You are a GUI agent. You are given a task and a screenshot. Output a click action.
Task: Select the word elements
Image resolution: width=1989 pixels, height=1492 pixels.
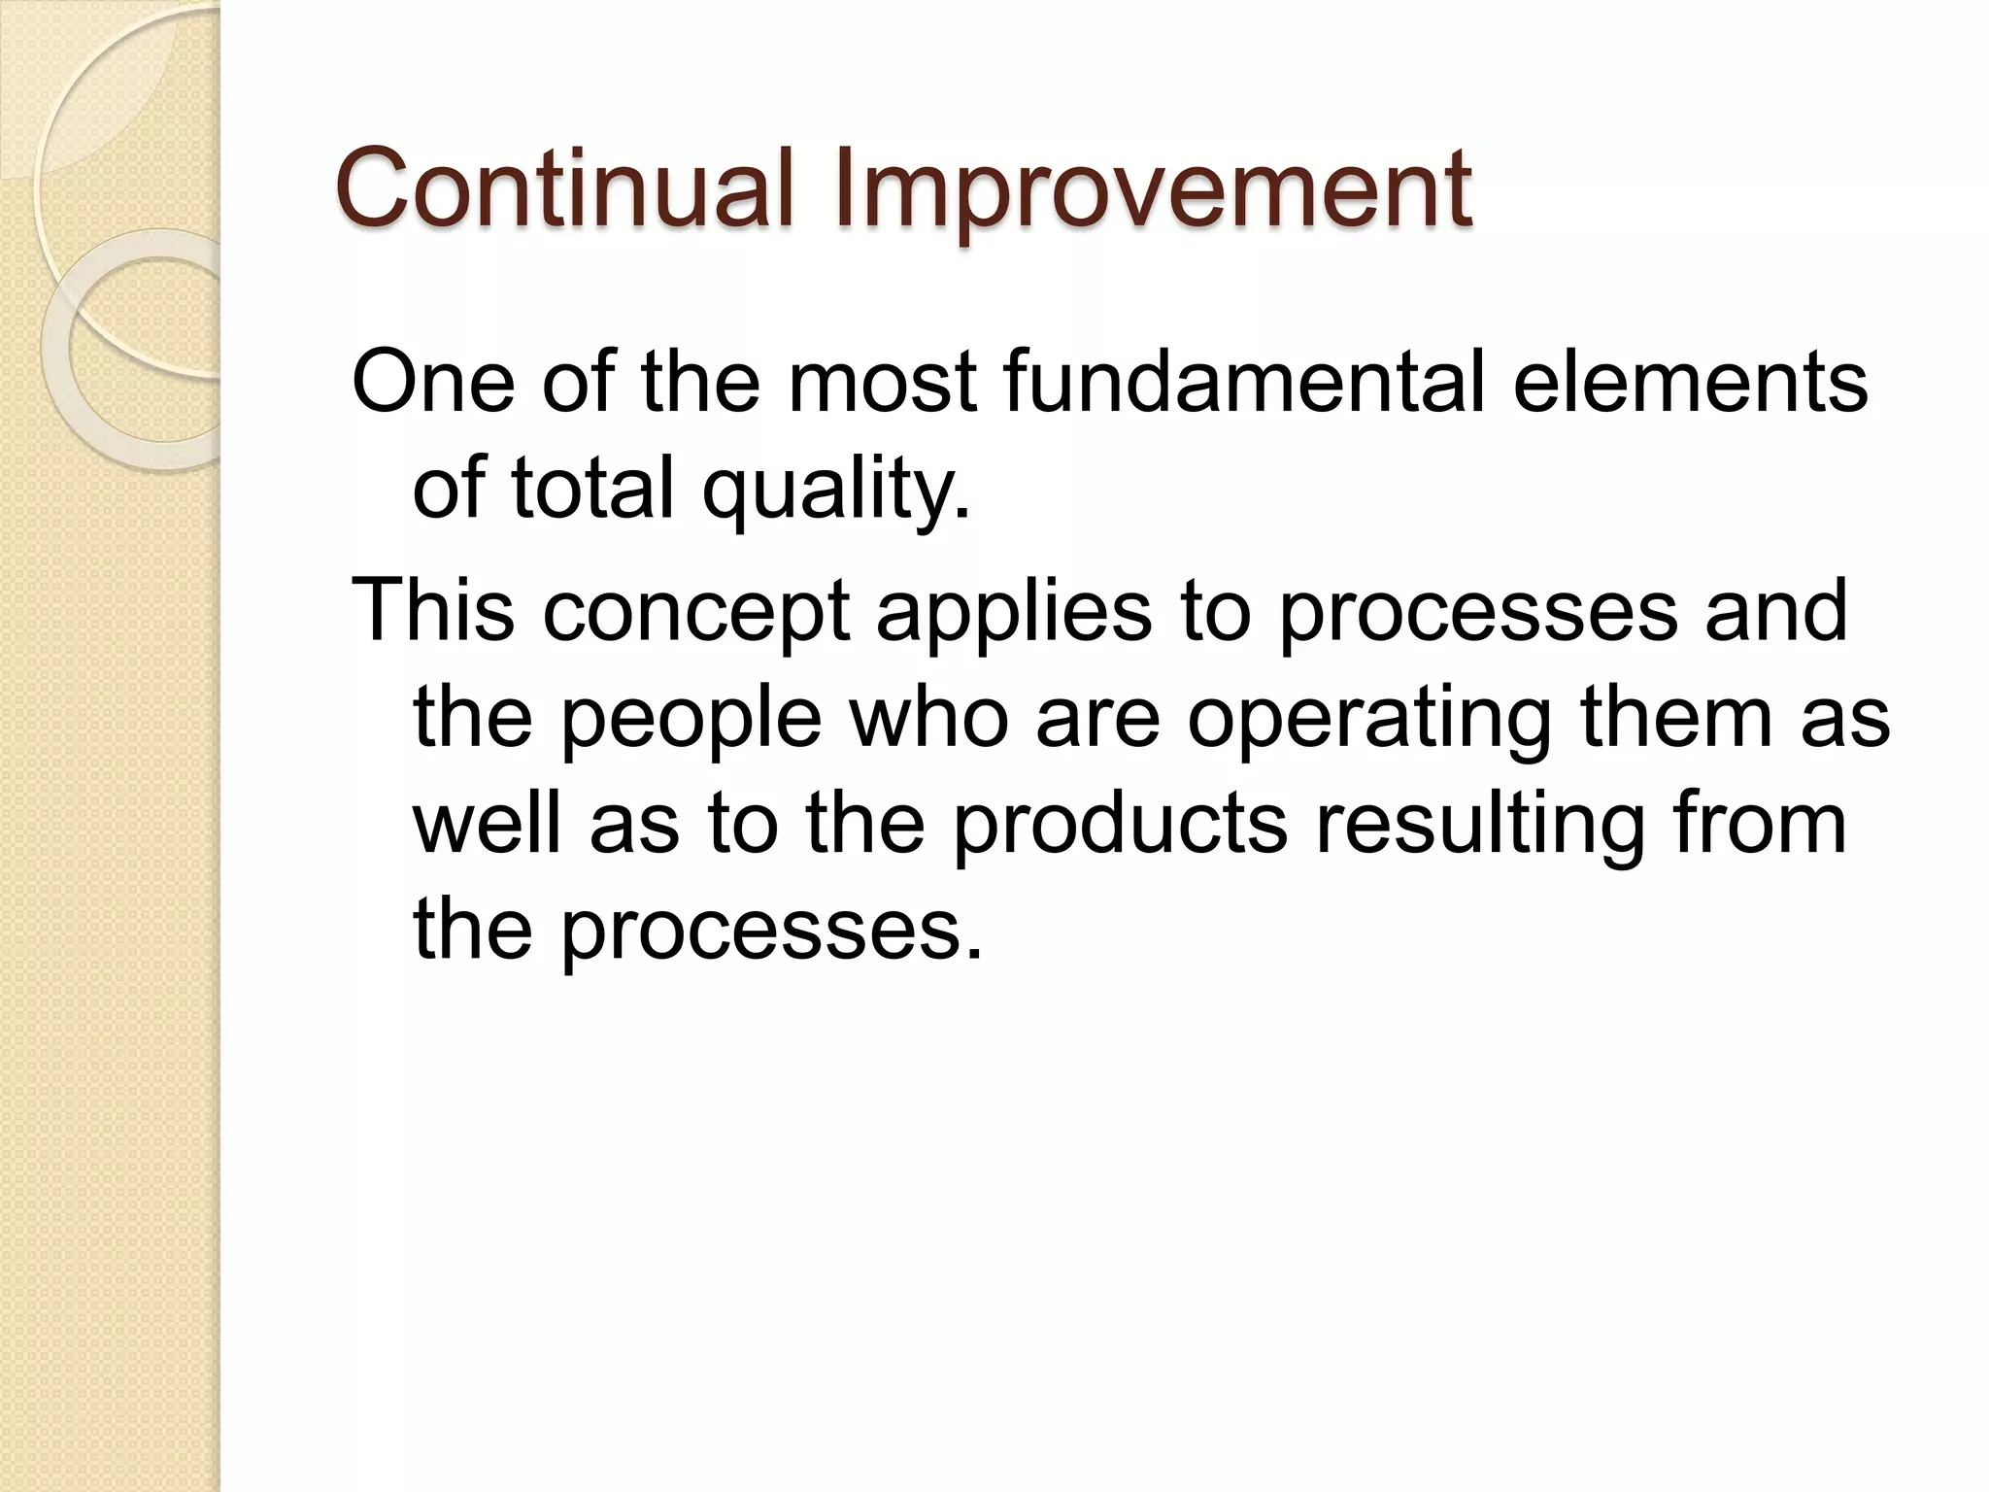(x=1690, y=382)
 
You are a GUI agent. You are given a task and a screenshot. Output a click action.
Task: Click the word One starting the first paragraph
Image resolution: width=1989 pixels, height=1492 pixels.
(x=433, y=382)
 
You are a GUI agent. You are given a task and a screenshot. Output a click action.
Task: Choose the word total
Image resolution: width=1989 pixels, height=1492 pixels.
(x=592, y=489)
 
